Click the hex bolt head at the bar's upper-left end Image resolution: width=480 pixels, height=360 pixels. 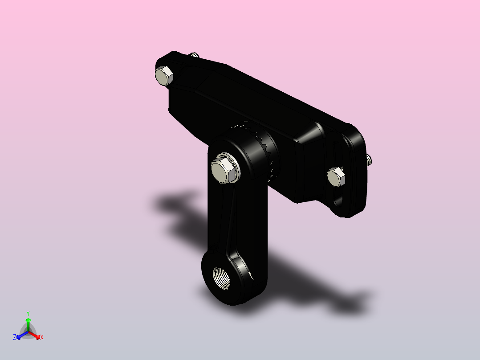164,76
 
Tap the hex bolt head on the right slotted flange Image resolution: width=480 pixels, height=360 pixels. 336,177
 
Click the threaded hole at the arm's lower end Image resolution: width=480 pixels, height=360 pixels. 221,278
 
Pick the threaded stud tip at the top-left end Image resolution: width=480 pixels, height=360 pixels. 193,55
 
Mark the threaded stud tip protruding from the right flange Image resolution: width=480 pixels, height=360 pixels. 369,160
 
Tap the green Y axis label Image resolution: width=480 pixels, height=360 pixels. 28,314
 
